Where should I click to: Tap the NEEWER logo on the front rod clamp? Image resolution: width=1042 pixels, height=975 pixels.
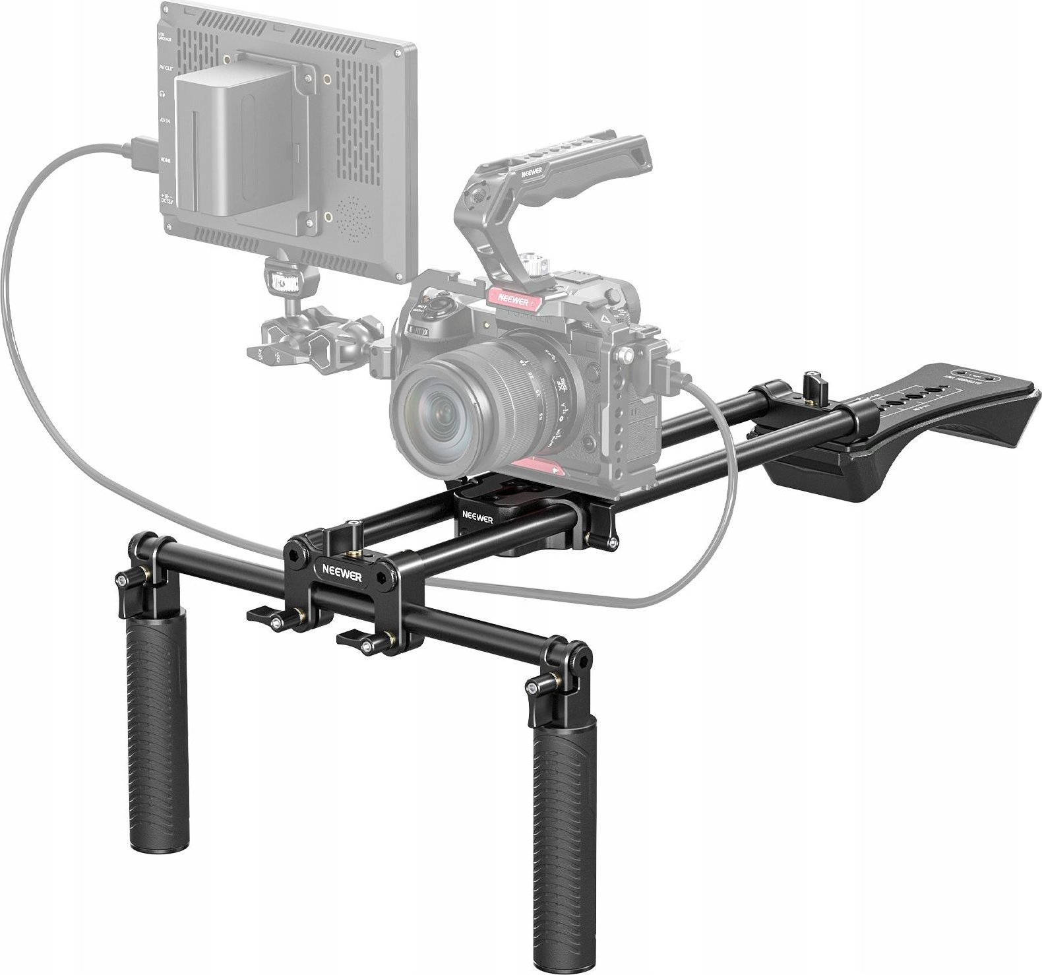click(319, 567)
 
